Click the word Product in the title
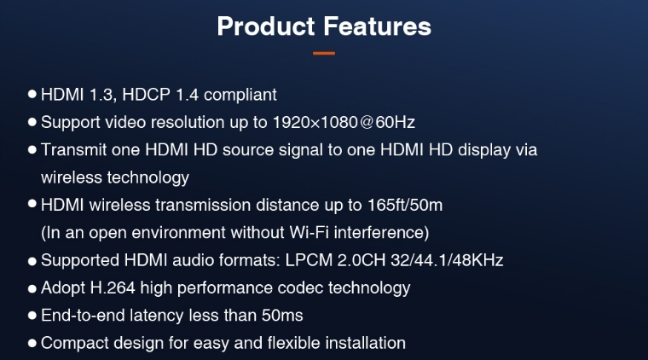[x=266, y=26]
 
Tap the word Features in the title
[x=378, y=26]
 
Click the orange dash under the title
[x=324, y=53]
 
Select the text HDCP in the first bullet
[x=146, y=95]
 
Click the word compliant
[x=240, y=96]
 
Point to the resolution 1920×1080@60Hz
[x=344, y=122]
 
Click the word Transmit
[x=73, y=149]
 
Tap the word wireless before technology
[x=72, y=177]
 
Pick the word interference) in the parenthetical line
[x=381, y=233]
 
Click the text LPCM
[x=309, y=260]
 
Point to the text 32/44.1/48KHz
[x=447, y=260]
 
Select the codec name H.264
[x=113, y=288]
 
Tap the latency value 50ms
[x=282, y=316]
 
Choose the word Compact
[x=75, y=344]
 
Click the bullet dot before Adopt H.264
[x=32, y=288]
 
